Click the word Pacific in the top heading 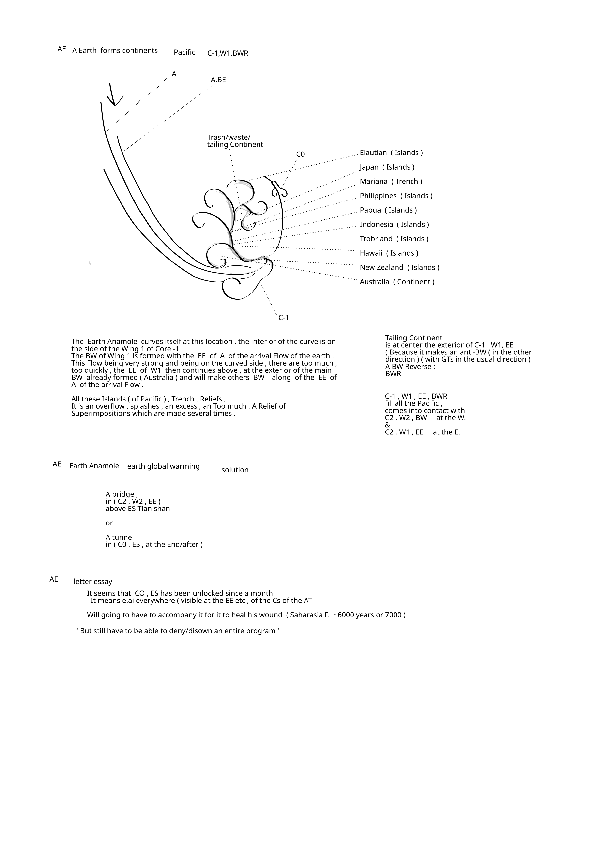pos(184,52)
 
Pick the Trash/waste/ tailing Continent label pos(235,141)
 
